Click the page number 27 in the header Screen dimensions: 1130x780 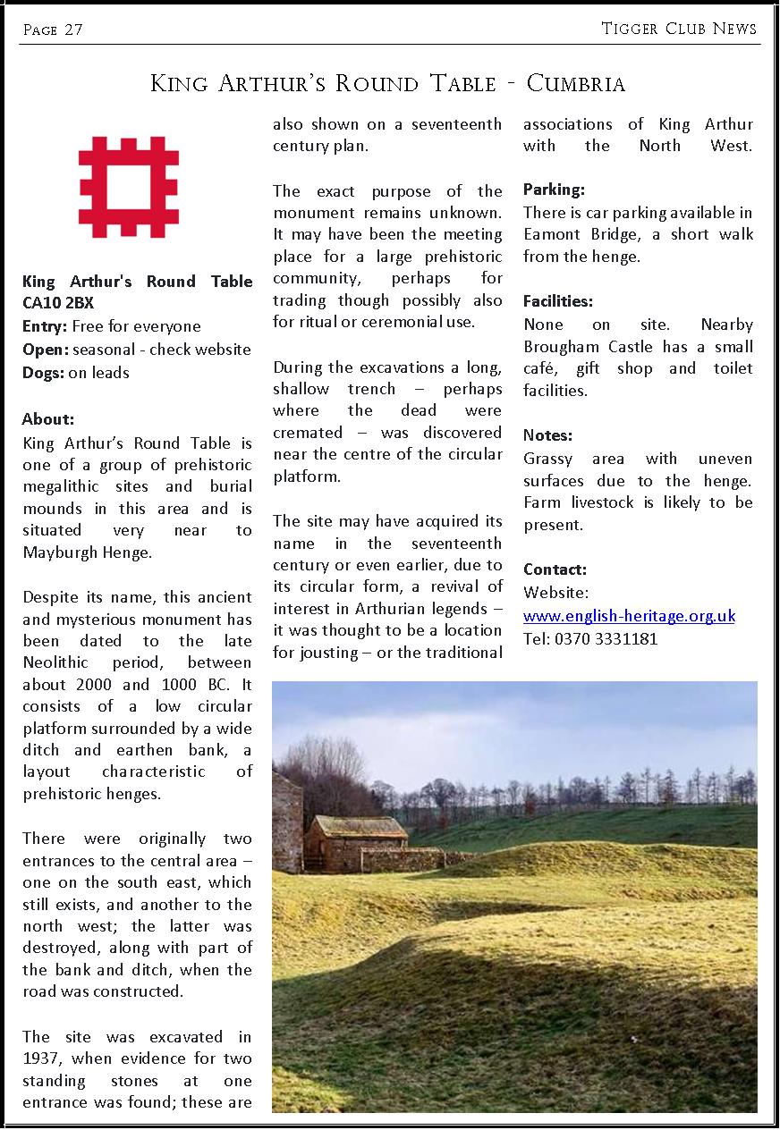point(73,30)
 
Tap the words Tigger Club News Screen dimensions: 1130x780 point(679,30)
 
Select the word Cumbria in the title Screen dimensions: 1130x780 point(576,84)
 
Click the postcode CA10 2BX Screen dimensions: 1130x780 point(58,304)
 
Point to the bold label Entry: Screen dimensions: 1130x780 point(45,326)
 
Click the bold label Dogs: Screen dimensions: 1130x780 point(43,373)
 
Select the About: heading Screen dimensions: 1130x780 point(48,419)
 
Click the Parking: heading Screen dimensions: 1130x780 point(554,190)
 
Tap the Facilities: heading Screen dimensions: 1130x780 point(558,302)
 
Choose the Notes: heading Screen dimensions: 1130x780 point(547,435)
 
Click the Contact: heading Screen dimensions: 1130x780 point(555,569)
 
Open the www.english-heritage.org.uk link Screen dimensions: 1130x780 point(629,616)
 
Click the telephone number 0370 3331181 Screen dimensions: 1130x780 point(606,639)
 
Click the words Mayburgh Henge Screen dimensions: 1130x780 point(87,552)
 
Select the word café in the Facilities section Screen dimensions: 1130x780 point(542,368)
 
